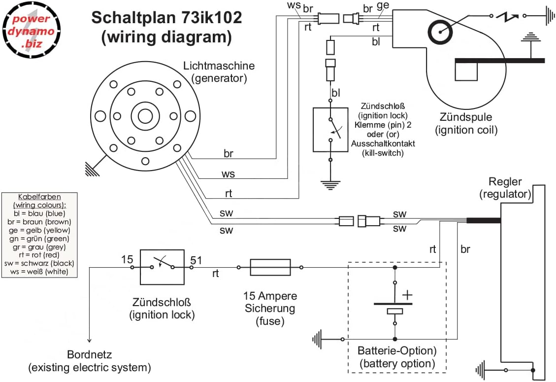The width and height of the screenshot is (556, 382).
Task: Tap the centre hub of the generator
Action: click(x=145, y=116)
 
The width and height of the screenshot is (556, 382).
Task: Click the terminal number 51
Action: click(x=196, y=260)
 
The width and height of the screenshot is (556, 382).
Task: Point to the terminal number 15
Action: click(x=128, y=260)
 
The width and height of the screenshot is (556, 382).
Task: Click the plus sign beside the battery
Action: click(x=407, y=295)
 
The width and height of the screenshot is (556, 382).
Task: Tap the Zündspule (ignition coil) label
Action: click(x=465, y=124)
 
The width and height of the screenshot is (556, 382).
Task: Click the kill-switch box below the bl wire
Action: click(x=331, y=129)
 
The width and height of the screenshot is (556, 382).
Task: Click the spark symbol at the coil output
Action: click(x=507, y=17)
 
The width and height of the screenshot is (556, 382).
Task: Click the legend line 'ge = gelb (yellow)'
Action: click(x=40, y=230)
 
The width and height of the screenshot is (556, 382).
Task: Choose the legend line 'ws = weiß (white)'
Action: click(x=40, y=272)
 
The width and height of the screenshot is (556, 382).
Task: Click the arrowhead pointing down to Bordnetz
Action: click(x=89, y=340)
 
